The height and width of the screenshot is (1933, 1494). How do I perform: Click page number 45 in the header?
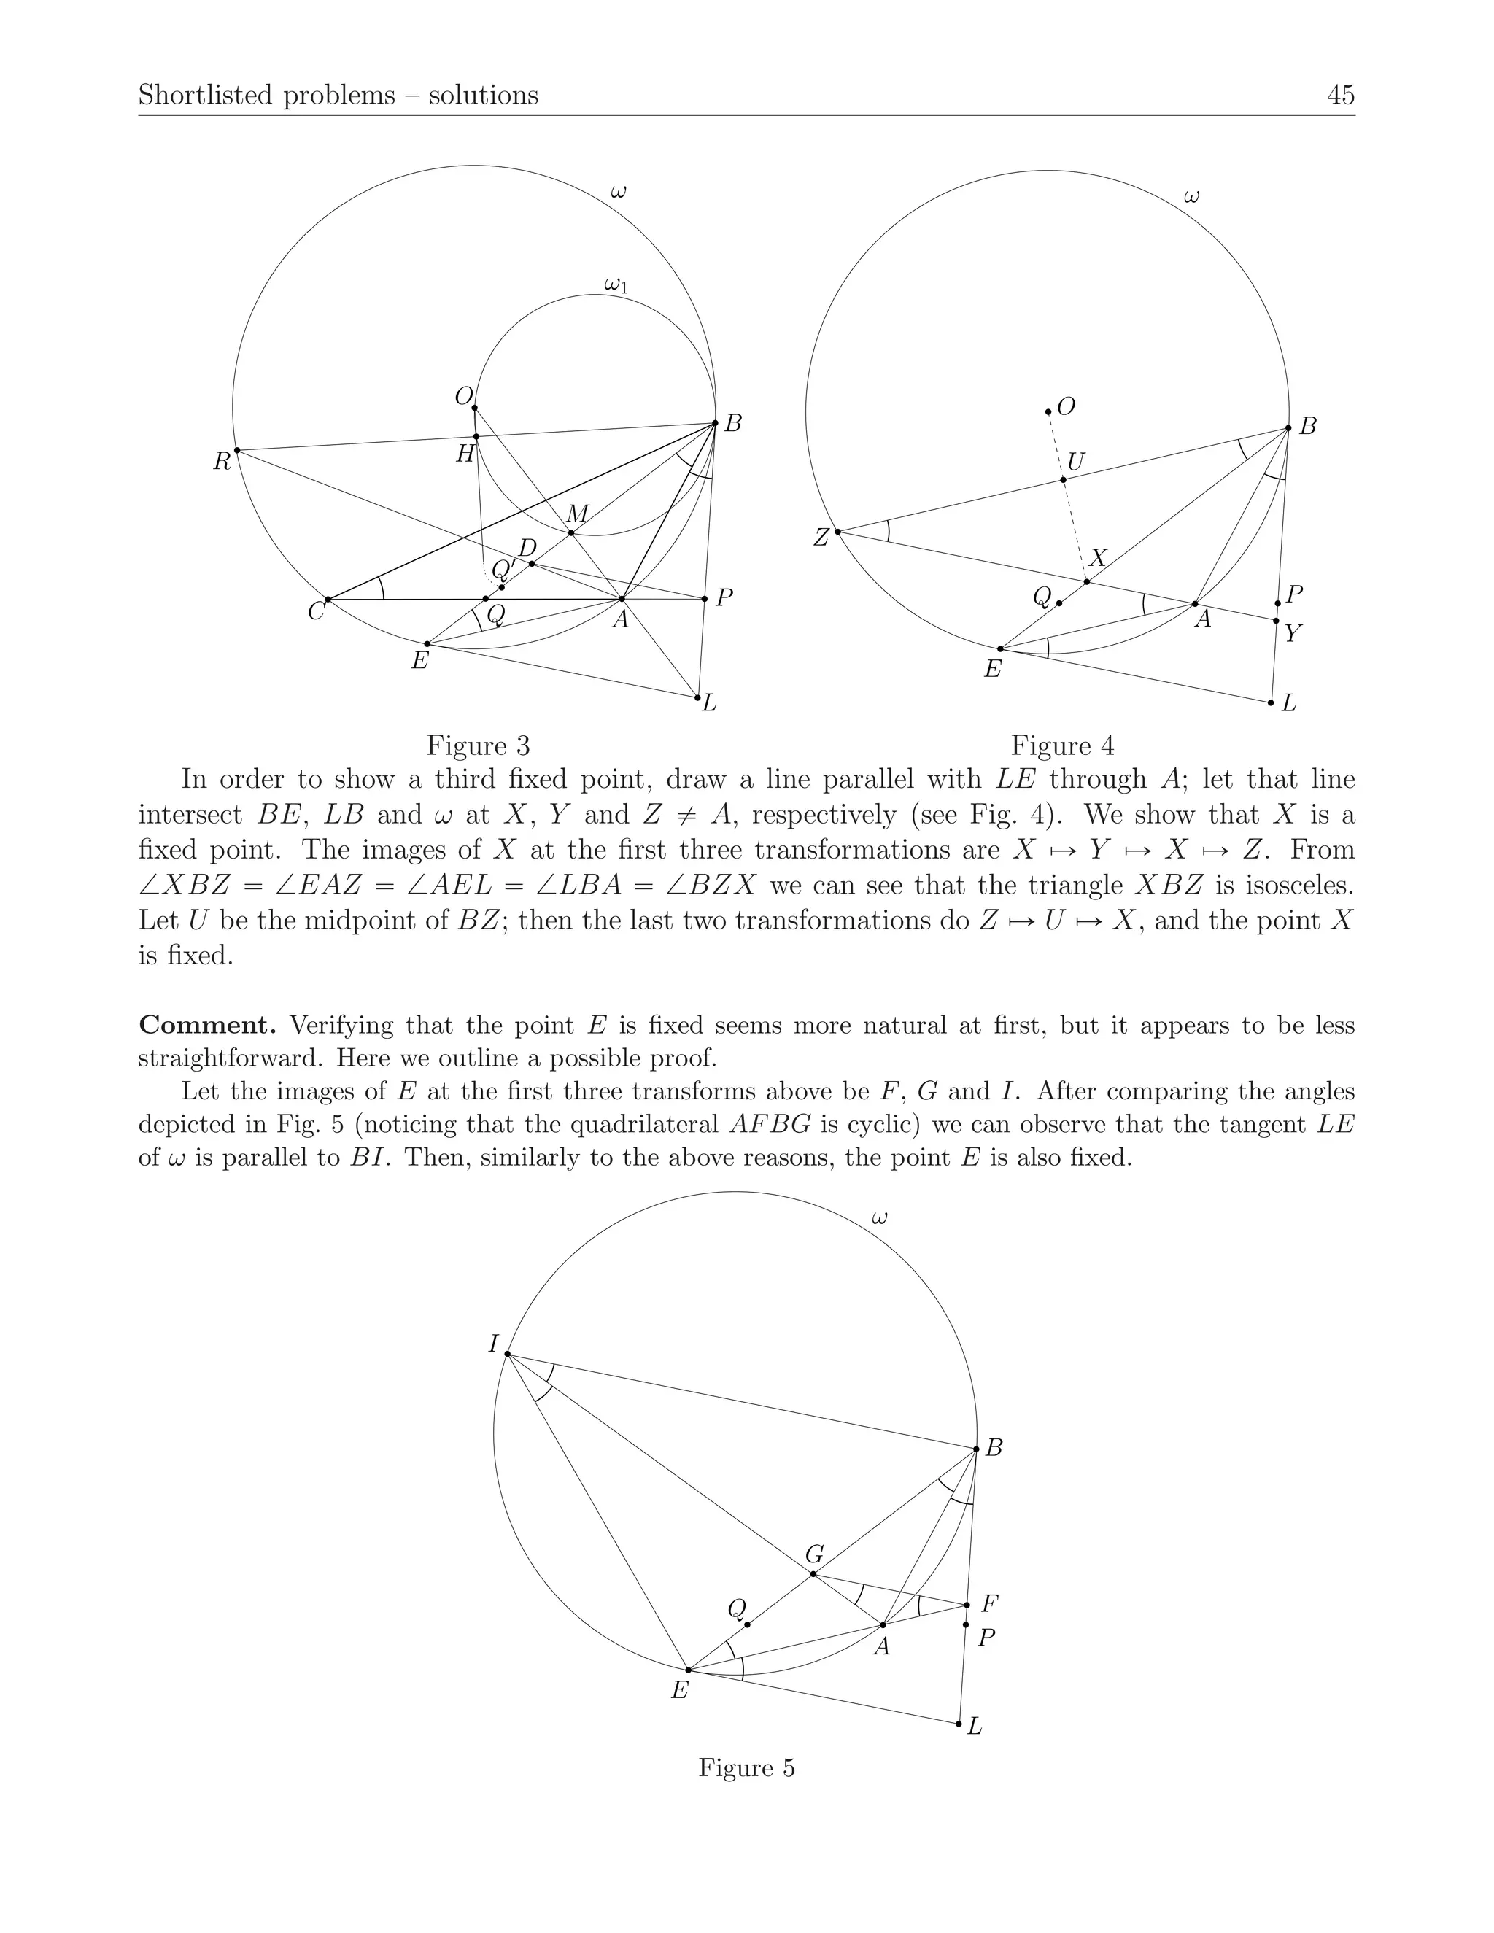[1341, 95]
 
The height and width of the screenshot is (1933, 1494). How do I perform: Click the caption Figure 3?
[478, 745]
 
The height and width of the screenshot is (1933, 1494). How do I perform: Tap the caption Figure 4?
[1062, 745]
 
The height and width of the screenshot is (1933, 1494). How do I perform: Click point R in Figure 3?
[236, 451]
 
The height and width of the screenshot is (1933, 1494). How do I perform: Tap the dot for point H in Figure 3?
[476, 436]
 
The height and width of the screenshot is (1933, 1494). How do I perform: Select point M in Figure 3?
[571, 532]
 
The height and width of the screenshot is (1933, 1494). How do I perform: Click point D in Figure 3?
[531, 564]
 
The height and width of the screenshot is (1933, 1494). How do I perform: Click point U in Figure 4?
[1064, 480]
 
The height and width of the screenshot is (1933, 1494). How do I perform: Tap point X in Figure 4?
[1087, 581]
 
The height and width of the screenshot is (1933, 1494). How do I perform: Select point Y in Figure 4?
[1275, 621]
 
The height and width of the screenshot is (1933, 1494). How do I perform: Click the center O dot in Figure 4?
[1048, 411]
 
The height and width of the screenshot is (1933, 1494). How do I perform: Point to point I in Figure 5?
[507, 1353]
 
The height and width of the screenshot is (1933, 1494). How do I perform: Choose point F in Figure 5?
[967, 1605]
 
